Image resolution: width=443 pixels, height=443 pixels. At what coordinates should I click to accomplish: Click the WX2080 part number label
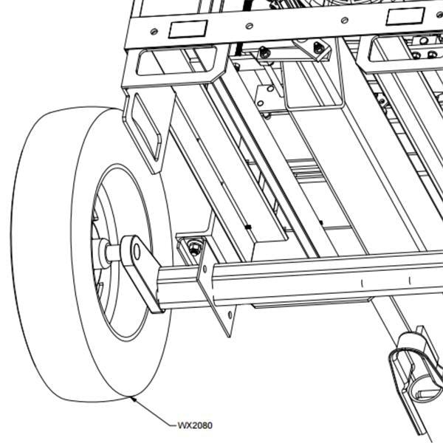[195, 425]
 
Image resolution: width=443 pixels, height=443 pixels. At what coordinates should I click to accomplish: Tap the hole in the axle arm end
[137, 252]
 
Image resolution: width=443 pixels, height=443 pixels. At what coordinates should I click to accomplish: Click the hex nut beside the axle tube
[194, 247]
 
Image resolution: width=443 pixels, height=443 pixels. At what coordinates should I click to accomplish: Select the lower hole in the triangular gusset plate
[230, 315]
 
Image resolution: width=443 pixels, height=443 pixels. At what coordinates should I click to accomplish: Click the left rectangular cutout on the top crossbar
[188, 29]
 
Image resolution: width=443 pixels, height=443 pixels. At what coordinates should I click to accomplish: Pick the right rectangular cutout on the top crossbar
[405, 16]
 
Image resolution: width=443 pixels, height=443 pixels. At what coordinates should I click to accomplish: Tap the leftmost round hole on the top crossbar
[154, 31]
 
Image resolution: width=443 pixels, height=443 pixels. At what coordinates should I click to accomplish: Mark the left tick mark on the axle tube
[363, 283]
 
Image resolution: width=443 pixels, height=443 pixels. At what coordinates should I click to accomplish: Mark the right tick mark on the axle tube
[410, 281]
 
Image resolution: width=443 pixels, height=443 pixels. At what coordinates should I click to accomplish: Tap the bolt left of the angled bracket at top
[264, 52]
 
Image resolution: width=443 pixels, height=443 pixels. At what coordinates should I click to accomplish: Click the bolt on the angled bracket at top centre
[319, 47]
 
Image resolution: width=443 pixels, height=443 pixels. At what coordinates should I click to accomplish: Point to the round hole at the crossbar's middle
[249, 26]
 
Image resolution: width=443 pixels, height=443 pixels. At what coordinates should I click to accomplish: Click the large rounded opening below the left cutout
[176, 61]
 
